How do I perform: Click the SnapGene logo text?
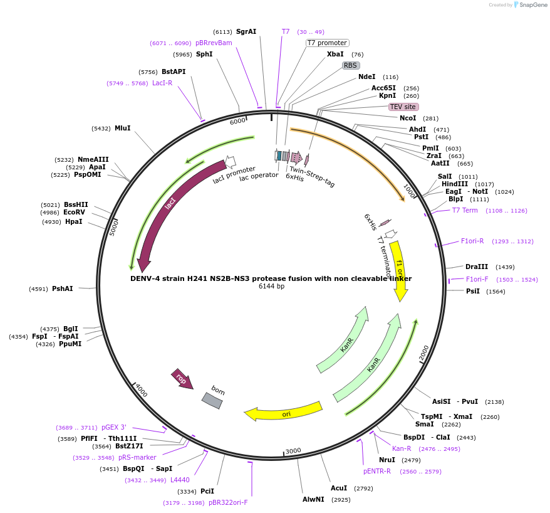click(534, 5)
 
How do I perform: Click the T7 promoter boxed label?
click(327, 43)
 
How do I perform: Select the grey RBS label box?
click(351, 65)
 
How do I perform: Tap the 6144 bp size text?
click(271, 287)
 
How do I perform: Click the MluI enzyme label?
click(122, 128)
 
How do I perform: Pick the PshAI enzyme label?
click(62, 288)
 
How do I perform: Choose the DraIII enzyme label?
click(476, 267)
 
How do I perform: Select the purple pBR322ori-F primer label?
click(228, 502)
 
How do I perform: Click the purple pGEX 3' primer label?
click(113, 427)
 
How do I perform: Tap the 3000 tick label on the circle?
click(293, 451)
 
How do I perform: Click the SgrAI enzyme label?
click(246, 31)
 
